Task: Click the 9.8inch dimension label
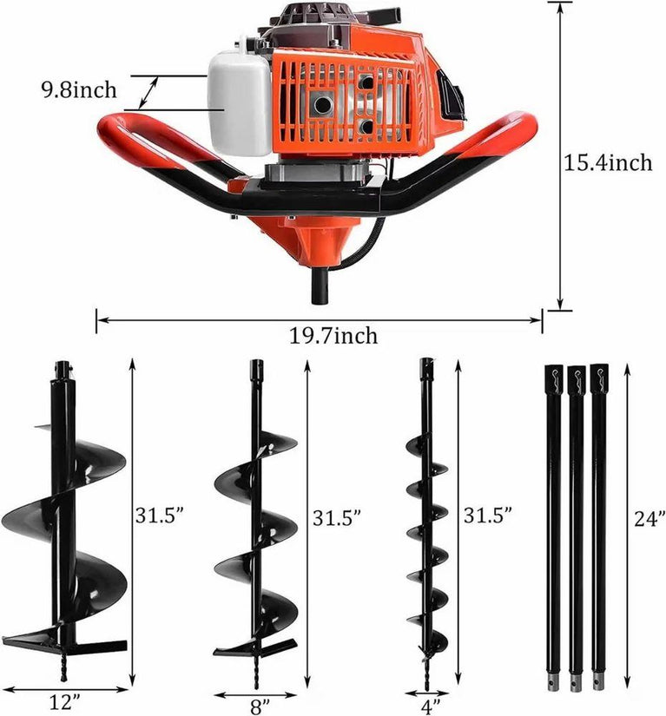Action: tap(80, 90)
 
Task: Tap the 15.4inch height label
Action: tap(608, 162)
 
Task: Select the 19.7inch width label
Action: tap(333, 336)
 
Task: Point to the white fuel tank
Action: tap(240, 102)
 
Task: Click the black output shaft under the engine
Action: tap(320, 286)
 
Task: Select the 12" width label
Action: tap(65, 702)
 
